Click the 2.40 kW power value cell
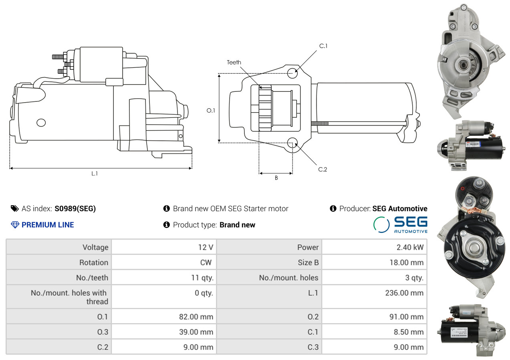point(409,247)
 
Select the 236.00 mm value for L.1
point(404,293)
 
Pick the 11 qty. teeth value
point(202,278)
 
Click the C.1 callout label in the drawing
point(323,46)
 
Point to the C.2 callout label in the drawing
point(323,170)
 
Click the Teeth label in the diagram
point(234,62)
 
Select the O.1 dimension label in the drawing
point(211,111)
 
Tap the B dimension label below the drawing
point(276,178)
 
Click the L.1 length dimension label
point(95,174)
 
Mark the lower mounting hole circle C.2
point(292,142)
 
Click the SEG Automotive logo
point(400,224)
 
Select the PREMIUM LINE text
point(48,225)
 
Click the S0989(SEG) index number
point(75,208)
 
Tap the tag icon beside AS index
point(14,208)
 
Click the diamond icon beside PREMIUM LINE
point(15,225)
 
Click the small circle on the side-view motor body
point(41,122)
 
